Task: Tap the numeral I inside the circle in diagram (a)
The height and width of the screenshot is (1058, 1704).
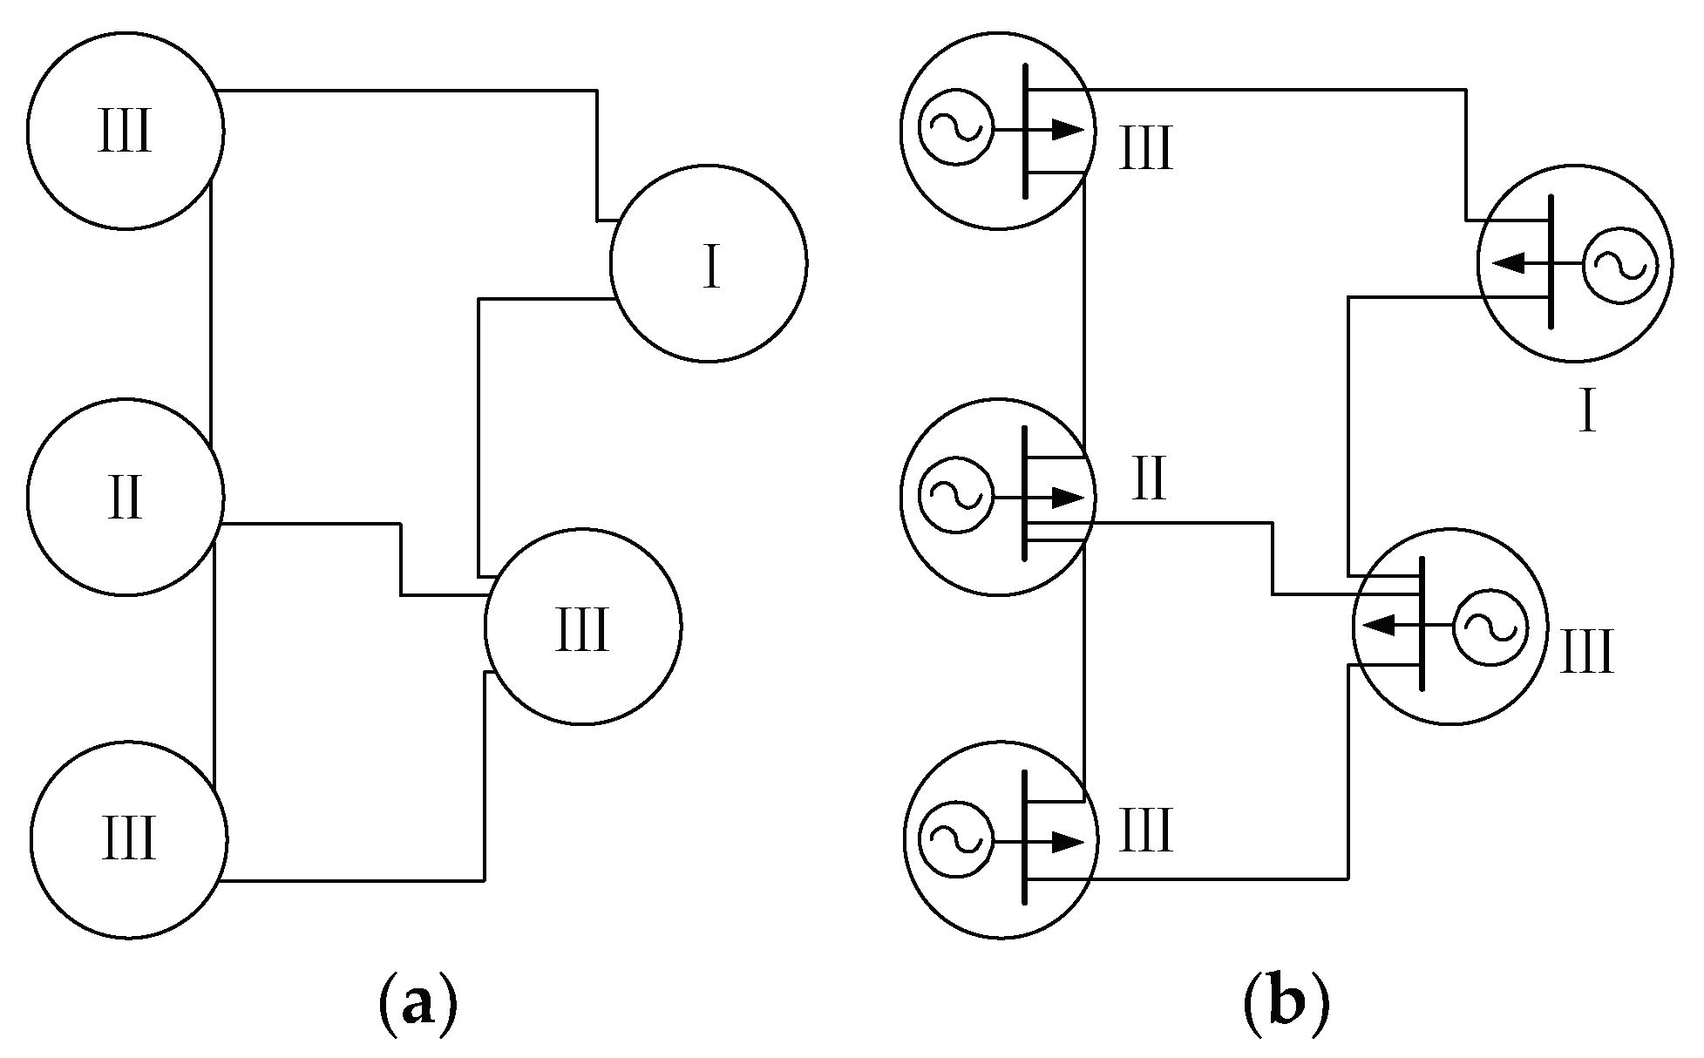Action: pos(711,267)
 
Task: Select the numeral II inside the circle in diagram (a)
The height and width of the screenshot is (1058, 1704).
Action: pos(126,499)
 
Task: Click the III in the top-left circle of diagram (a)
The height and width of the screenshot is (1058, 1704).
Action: pos(126,132)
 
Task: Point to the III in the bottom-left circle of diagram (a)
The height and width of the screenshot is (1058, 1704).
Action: pos(128,840)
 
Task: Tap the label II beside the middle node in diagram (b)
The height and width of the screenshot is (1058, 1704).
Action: pos(1148,480)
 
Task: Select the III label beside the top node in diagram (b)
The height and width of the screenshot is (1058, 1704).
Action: pos(1145,149)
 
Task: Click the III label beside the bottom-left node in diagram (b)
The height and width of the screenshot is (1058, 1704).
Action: pos(1145,831)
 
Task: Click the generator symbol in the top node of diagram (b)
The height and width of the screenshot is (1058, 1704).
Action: pos(954,130)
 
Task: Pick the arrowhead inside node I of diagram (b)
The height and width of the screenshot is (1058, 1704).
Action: pos(1507,262)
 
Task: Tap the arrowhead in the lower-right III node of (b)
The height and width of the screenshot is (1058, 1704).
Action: pos(1379,625)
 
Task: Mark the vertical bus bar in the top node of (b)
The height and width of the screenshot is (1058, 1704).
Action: pos(1026,131)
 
